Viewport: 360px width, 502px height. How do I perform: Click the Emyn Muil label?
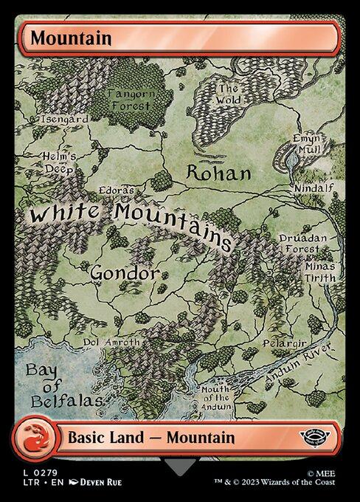click(x=305, y=143)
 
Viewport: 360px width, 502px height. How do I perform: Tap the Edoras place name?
click(x=116, y=190)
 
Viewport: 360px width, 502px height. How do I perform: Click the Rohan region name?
click(x=218, y=173)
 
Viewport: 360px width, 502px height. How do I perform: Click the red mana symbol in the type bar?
click(x=34, y=437)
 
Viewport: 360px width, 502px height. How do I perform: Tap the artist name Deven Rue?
click(x=96, y=482)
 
